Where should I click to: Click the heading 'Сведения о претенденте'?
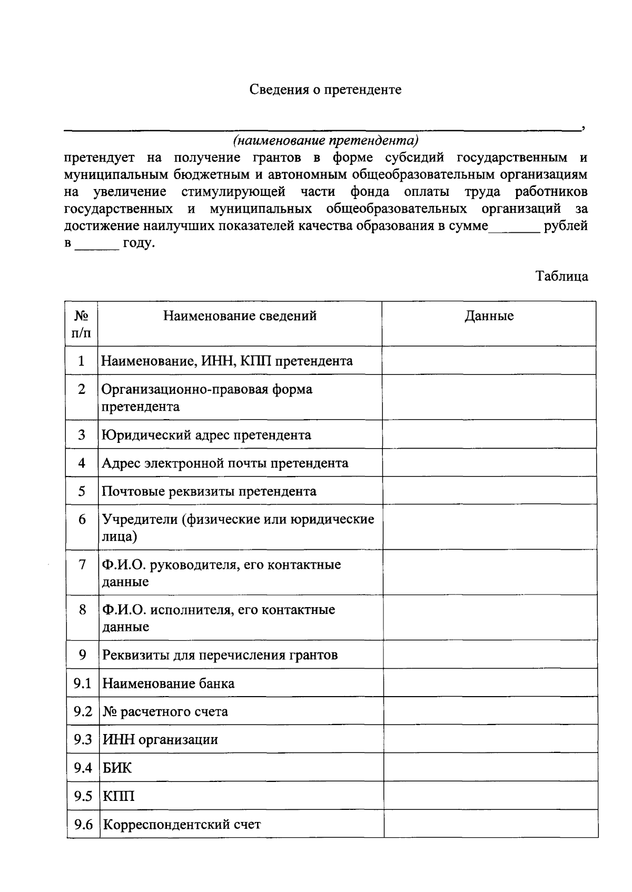pos(325,90)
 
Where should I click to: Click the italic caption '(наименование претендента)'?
pos(326,141)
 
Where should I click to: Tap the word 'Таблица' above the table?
pos(562,276)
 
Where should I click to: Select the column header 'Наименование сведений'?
pos(240,316)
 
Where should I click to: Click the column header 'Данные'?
pos(489,316)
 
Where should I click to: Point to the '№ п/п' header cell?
pos(81,324)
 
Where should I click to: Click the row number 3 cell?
pos(81,435)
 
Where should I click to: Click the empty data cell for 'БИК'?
pos(490,768)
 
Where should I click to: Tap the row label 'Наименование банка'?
pos(168,683)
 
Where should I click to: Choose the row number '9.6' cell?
pos(83,824)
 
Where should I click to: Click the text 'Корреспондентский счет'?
pos(181,824)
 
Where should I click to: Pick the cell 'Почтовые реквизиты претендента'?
pos(209,491)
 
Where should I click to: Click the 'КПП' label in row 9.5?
pos(118,796)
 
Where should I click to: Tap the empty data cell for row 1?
pos(489,361)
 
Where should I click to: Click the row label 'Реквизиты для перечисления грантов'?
pos(220,655)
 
